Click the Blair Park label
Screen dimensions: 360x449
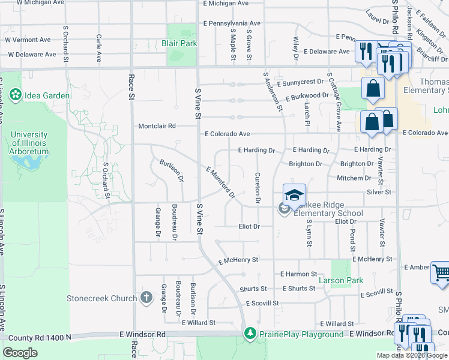click(x=179, y=43)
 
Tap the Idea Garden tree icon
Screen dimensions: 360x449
click(x=15, y=95)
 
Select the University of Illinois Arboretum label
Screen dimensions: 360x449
click(x=29, y=143)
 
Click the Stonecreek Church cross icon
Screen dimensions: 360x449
click(x=146, y=298)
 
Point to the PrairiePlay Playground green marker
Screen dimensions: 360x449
click(x=250, y=334)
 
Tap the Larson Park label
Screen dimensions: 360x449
click(x=340, y=280)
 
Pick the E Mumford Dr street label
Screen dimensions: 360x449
click(x=220, y=182)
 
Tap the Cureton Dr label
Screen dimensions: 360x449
click(x=258, y=188)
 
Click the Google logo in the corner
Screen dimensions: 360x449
click(x=20, y=353)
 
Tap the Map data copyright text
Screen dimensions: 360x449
click(x=411, y=355)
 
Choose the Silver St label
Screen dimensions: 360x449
click(x=379, y=192)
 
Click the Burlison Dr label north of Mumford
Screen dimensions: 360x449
click(x=171, y=170)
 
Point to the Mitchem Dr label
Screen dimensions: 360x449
click(x=354, y=178)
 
